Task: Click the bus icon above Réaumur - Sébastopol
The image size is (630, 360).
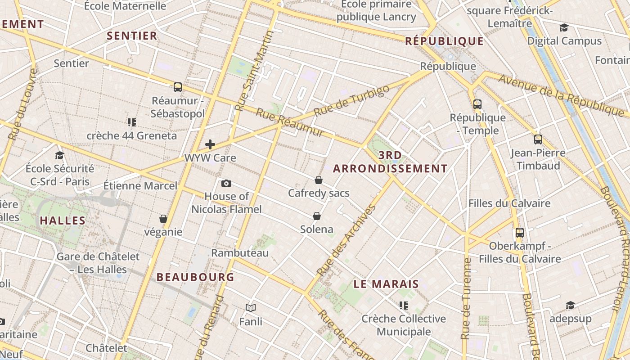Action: (178, 87)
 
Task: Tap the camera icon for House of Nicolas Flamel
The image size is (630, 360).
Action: (226, 183)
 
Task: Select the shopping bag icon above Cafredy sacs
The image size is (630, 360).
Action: (319, 180)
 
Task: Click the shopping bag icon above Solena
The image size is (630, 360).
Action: (317, 216)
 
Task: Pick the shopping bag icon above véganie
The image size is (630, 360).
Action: (163, 219)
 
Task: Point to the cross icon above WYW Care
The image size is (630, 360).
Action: (210, 144)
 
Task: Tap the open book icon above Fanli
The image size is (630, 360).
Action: (251, 308)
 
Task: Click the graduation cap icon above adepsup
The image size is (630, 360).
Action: (570, 306)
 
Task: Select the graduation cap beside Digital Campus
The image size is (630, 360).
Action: (564, 28)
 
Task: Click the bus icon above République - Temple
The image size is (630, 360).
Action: (477, 104)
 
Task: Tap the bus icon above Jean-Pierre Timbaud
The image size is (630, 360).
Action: (538, 139)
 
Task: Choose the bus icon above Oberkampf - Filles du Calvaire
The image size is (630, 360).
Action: (520, 233)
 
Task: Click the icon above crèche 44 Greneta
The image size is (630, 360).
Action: (132, 122)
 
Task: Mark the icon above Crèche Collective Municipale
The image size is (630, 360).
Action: (404, 306)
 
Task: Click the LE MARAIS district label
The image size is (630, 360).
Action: (386, 284)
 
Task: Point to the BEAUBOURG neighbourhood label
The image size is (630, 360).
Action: (195, 277)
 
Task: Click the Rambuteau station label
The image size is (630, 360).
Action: (240, 253)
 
